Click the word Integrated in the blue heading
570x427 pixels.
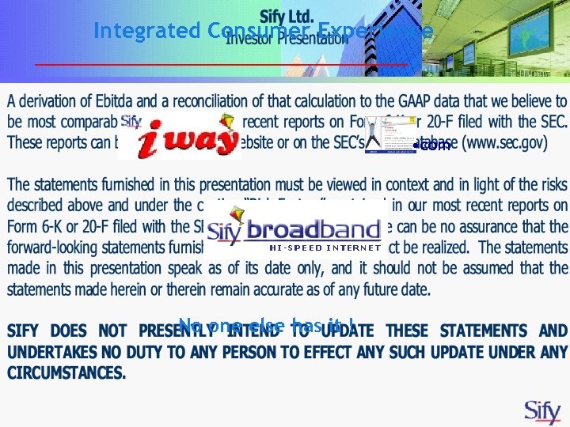click(x=147, y=31)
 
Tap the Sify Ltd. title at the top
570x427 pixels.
click(x=287, y=17)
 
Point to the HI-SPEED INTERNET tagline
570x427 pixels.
click(x=325, y=248)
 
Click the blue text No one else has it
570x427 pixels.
click(x=266, y=324)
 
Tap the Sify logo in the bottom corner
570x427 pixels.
click(x=544, y=411)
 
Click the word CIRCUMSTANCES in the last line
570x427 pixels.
click(x=66, y=372)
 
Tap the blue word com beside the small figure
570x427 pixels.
click(x=435, y=145)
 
